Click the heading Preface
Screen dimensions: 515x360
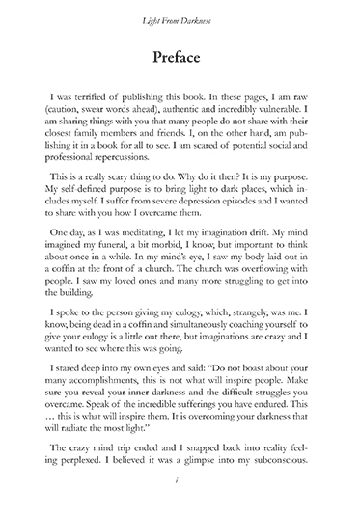(x=180, y=58)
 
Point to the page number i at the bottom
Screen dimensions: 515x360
(x=180, y=490)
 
